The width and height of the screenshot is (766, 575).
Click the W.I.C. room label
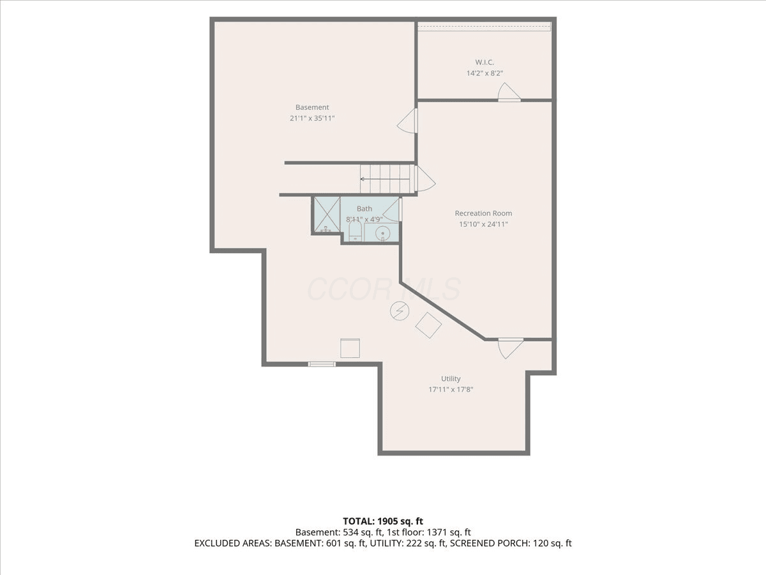pyautogui.click(x=484, y=63)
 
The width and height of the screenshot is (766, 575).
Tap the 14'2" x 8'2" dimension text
pyautogui.click(x=484, y=73)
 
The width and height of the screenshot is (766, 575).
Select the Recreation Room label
pyautogui.click(x=483, y=213)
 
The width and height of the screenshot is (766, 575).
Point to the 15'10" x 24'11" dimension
pyautogui.click(x=483, y=224)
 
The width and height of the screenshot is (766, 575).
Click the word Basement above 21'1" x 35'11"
pyautogui.click(x=312, y=107)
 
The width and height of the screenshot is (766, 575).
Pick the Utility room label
pyautogui.click(x=451, y=378)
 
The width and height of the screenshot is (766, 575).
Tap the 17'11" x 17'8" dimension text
pyautogui.click(x=451, y=389)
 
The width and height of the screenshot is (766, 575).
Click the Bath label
pyautogui.click(x=364, y=209)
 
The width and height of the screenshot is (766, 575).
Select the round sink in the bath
pyautogui.click(x=383, y=233)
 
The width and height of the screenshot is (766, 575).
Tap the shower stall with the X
pyautogui.click(x=327, y=215)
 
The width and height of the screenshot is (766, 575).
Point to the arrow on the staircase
pyautogui.click(x=385, y=179)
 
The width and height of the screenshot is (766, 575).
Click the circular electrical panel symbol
pyautogui.click(x=400, y=310)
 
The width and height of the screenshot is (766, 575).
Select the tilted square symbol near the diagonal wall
pyautogui.click(x=428, y=325)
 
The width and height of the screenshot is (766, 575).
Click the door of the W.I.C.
pyautogui.click(x=509, y=92)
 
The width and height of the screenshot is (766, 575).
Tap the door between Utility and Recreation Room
pyautogui.click(x=511, y=348)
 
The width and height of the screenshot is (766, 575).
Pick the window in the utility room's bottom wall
pyautogui.click(x=322, y=364)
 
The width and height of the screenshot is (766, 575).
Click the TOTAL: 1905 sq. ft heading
pyautogui.click(x=383, y=521)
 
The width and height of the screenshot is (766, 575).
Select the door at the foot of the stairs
pyautogui.click(x=426, y=179)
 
